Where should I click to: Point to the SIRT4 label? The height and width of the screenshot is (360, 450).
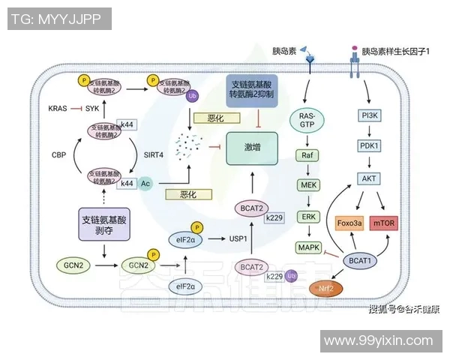pos(154,154)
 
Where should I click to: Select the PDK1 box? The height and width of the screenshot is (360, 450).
pos(369,147)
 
